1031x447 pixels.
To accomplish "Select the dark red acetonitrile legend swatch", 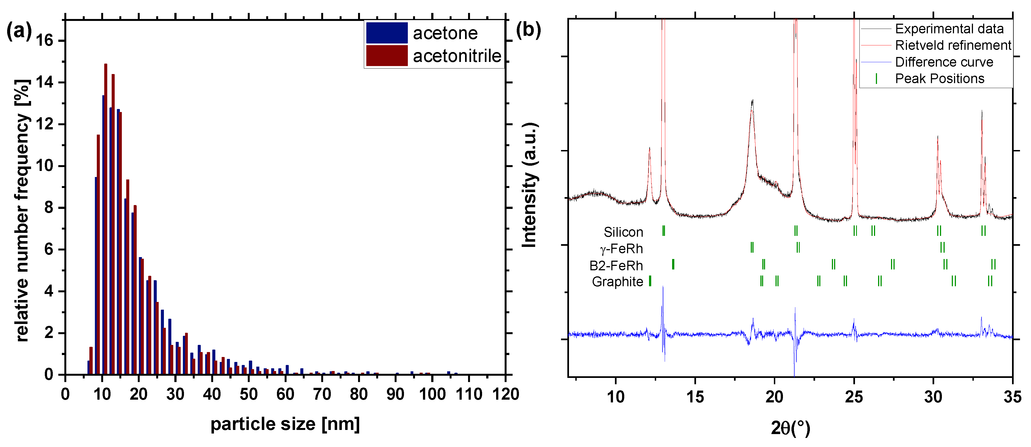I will [387, 56].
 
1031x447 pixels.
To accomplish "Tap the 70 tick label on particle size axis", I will [322, 394].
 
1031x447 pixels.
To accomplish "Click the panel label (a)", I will [19, 31].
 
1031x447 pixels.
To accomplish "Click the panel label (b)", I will [528, 30].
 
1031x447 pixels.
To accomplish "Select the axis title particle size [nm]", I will [285, 424].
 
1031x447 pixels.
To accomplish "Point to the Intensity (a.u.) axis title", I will [529, 185].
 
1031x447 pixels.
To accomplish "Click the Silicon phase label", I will [623, 232].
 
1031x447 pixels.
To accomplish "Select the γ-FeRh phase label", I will [621, 249].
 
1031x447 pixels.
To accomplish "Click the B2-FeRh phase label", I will [616, 266].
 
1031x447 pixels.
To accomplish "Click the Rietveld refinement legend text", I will [953, 45].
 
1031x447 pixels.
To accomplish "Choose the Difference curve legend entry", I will [944, 62].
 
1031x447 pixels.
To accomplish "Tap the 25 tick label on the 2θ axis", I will [854, 397].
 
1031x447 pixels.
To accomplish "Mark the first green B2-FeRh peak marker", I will [673, 264].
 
